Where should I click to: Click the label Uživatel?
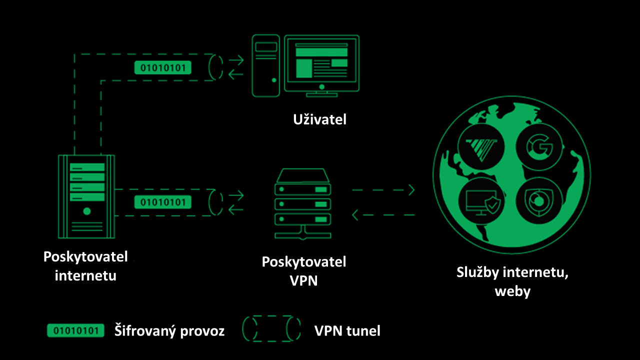click(319, 119)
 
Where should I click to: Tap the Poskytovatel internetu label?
click(85, 266)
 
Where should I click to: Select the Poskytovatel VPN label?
click(304, 270)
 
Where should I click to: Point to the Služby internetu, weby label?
click(512, 282)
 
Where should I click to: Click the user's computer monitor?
click(321, 64)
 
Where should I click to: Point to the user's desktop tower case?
click(265, 65)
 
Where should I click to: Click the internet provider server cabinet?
click(86, 196)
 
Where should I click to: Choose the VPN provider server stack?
click(303, 204)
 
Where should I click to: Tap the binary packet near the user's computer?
click(163, 67)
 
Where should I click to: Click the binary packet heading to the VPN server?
click(163, 202)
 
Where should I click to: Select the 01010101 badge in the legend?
click(75, 330)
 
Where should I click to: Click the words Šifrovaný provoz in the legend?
click(169, 330)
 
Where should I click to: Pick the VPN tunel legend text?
click(347, 330)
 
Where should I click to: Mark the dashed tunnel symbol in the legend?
click(271, 329)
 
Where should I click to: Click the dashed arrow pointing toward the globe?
click(383, 190)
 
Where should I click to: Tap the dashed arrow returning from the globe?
click(383, 215)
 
